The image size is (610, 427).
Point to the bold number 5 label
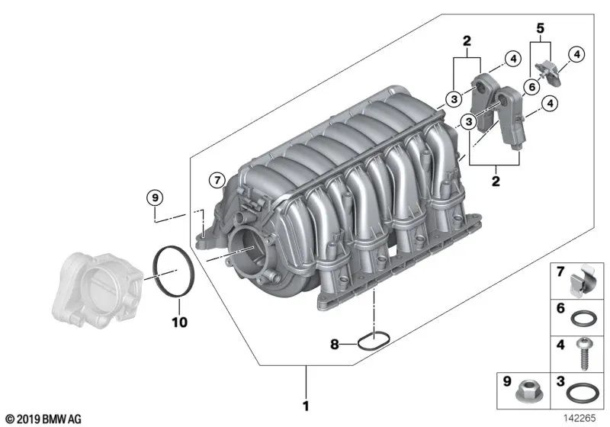540,29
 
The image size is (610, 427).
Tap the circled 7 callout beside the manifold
216,181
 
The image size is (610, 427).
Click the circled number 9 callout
155,197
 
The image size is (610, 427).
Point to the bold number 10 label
178,322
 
